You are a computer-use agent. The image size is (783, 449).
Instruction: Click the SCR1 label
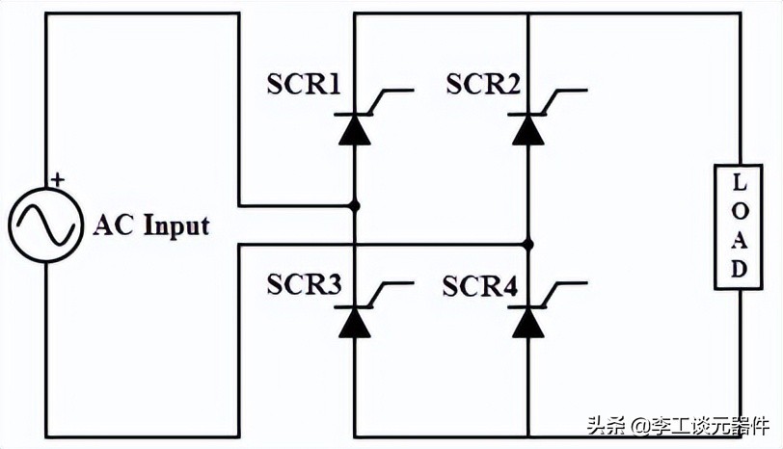click(x=304, y=85)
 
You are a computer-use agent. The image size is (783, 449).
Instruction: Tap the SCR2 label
click(x=483, y=85)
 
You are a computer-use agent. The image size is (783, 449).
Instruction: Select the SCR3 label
click(x=304, y=285)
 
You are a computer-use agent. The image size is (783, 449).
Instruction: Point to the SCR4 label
click(x=480, y=285)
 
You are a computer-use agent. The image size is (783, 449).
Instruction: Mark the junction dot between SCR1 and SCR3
click(x=355, y=205)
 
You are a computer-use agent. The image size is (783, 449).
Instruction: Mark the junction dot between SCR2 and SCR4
click(x=527, y=244)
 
